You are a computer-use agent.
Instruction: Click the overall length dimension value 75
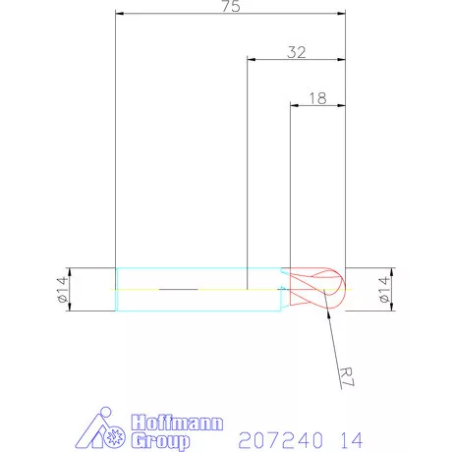tap(231, 7)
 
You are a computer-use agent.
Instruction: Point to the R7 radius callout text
tap(345, 375)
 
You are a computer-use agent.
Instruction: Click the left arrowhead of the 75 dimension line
tap(120, 15)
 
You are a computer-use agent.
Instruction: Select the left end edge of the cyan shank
tap(116, 290)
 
